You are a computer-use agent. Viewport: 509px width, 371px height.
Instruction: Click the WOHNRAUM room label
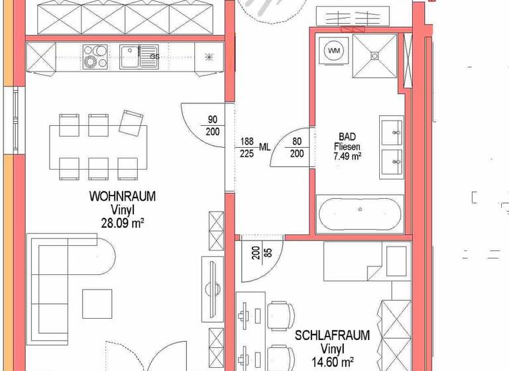coord(123,197)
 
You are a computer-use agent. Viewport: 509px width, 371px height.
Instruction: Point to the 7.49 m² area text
coord(347,156)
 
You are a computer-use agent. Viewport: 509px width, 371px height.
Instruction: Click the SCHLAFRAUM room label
coord(332,335)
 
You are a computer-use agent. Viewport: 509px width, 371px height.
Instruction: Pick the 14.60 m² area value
coord(332,362)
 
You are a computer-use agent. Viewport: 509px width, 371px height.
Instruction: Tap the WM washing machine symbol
coord(333,50)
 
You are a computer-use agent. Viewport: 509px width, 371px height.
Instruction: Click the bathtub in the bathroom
coord(360,213)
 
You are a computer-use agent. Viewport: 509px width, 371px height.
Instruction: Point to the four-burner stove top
coord(95,56)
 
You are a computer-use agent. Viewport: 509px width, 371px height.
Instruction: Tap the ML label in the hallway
coord(264,147)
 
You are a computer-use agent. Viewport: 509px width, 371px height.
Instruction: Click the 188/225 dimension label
coord(247,147)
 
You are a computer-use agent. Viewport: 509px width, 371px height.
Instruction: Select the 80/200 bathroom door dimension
coord(297,146)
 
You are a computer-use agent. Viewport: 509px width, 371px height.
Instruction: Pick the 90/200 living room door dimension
coord(213,126)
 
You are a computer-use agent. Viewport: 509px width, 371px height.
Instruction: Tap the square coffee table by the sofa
coord(97,303)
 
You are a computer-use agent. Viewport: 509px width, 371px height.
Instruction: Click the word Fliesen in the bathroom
coord(347,146)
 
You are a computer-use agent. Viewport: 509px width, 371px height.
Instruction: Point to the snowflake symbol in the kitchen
coord(210,56)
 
